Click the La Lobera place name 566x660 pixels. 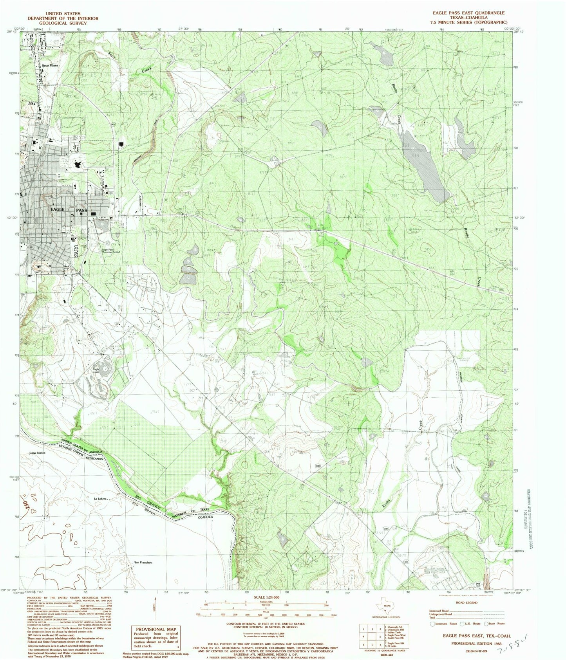click(x=100, y=499)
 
